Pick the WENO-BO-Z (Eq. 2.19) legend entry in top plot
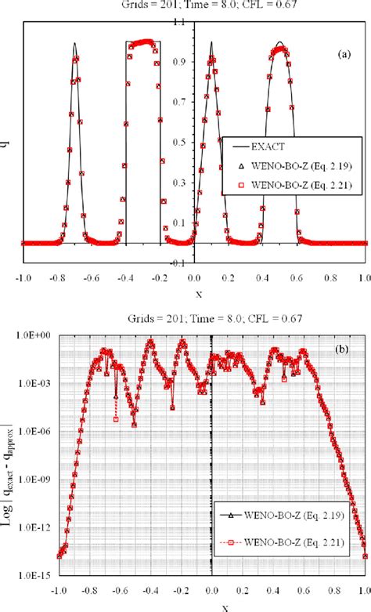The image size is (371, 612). click(299, 167)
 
